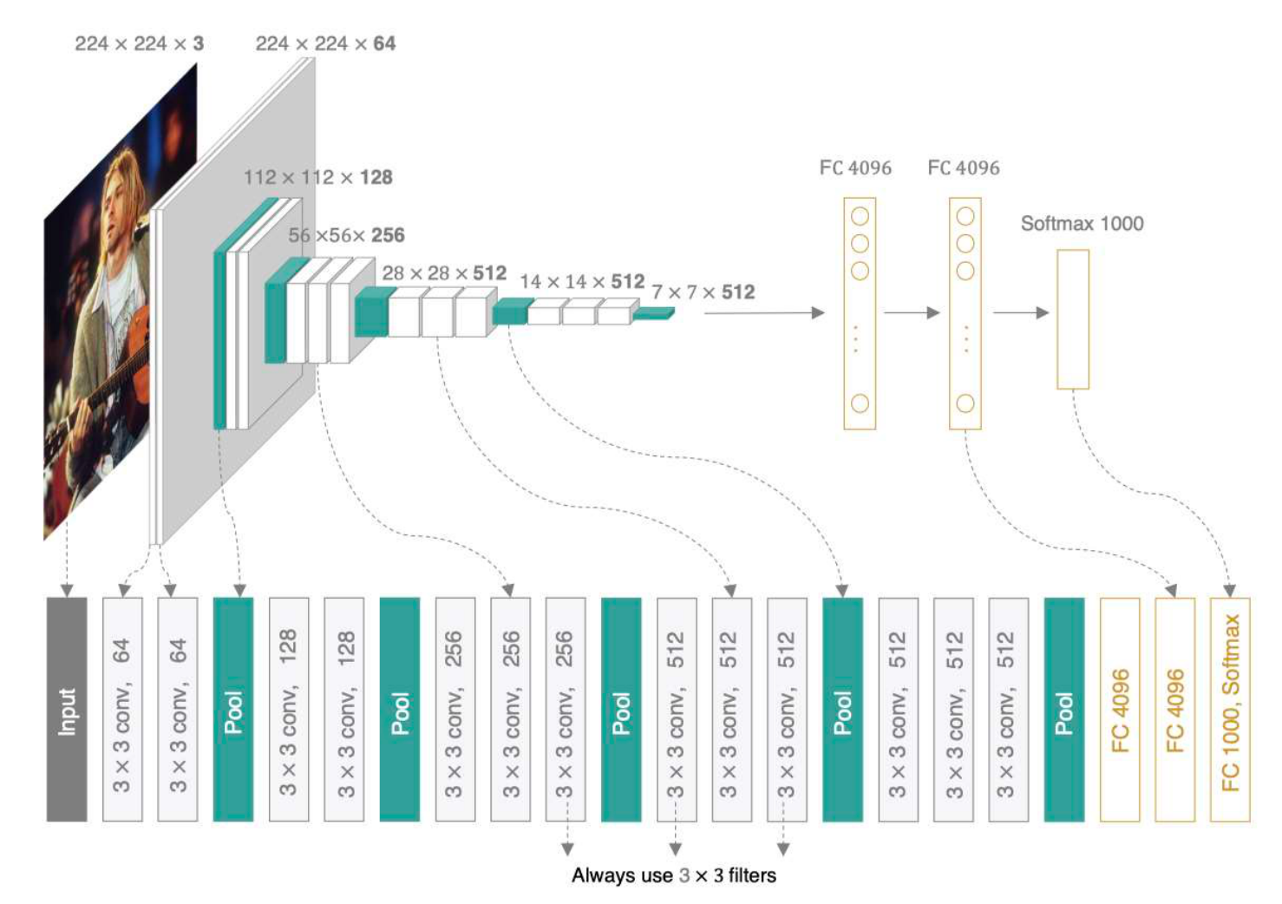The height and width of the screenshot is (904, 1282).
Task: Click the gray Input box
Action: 67,709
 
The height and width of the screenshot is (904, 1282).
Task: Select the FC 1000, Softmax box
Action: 1230,709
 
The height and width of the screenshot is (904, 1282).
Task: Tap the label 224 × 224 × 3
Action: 139,43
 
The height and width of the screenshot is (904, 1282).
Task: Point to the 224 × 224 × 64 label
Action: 325,43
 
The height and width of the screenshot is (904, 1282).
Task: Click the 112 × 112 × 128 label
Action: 318,178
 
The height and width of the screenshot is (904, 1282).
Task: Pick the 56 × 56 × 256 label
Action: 346,235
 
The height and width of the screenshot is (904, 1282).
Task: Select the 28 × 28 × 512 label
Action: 444,273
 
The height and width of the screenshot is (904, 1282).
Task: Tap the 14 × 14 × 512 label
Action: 582,282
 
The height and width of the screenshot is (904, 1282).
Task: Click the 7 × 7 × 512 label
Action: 703,292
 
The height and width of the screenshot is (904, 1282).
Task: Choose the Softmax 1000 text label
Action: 1082,223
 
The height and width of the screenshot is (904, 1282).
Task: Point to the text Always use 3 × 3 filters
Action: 674,875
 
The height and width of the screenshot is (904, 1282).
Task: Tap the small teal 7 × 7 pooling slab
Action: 654,313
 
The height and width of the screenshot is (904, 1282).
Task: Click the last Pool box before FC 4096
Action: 1064,709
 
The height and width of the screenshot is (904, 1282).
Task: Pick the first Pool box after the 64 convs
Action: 233,709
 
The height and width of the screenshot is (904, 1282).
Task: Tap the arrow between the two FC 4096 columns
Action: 912,312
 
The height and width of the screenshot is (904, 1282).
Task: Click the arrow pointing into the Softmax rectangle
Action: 1020,312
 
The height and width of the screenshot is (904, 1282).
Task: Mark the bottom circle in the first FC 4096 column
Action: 860,403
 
